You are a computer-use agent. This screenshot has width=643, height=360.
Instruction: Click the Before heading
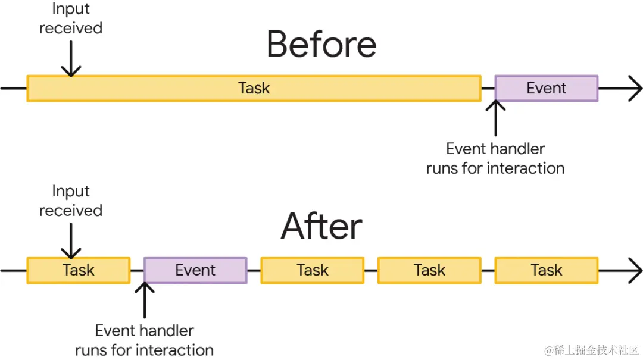(321, 45)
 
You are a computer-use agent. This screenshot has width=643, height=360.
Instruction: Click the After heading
(321, 227)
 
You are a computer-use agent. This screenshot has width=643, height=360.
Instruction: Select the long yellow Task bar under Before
(254, 88)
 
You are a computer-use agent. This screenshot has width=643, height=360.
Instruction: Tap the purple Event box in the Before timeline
(546, 88)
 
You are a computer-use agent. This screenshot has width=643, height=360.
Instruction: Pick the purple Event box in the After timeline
(195, 270)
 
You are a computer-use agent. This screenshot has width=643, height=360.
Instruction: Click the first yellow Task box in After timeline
(78, 270)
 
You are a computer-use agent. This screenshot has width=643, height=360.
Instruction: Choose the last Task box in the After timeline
(546, 270)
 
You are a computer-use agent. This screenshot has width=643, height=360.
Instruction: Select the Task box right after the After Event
(312, 270)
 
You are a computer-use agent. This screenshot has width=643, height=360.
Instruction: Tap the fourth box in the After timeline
(429, 270)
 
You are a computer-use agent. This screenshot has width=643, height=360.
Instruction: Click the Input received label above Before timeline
(70, 18)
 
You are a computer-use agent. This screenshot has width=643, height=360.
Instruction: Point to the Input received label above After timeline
(70, 201)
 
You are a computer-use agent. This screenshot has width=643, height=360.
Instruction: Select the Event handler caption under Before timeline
(495, 158)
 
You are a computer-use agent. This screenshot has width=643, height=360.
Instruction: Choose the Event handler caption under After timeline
(145, 340)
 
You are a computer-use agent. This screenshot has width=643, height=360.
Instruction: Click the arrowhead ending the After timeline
(635, 271)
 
